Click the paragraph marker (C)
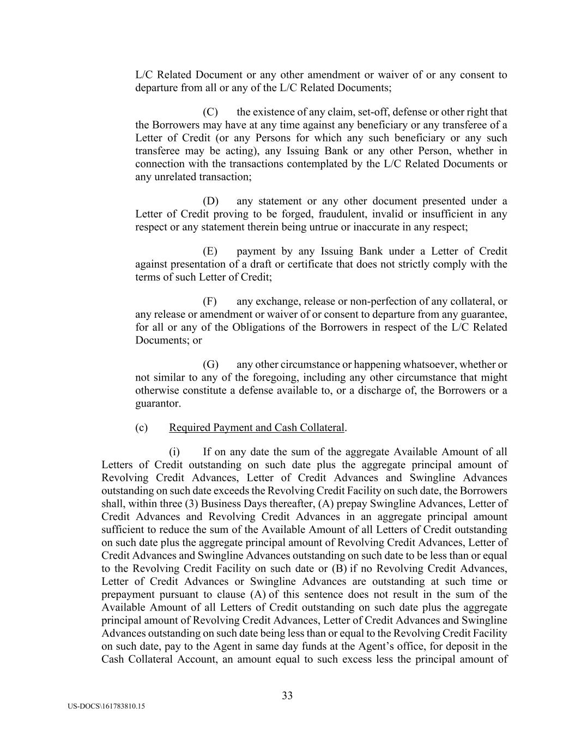210,112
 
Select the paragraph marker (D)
210,201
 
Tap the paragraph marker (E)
210,251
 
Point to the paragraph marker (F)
210,301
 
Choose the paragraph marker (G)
210,365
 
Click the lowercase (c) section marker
141,428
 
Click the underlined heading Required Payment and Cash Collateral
257,428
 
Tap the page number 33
287,695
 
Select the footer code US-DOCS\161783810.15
107,706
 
